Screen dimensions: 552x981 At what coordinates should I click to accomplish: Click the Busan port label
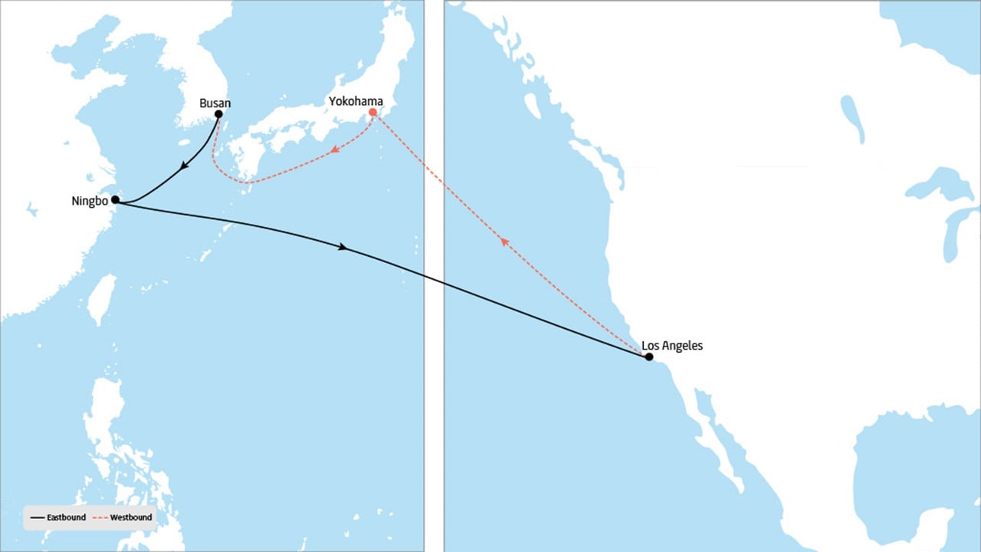(x=215, y=103)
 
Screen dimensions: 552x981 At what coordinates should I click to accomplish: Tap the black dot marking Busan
(x=218, y=114)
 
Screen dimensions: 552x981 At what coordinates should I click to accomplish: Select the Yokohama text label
(x=356, y=101)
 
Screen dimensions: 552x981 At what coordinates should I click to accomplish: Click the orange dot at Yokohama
(x=373, y=113)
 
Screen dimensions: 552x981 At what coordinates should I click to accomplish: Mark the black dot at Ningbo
(x=115, y=199)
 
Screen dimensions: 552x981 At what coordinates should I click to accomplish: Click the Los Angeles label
(x=672, y=346)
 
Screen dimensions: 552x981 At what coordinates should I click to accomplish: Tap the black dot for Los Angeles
(x=649, y=356)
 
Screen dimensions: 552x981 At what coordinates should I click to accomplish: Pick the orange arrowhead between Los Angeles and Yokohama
(x=504, y=242)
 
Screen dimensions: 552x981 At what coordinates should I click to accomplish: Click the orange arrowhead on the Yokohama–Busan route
(x=333, y=152)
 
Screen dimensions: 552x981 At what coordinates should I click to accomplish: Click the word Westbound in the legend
(x=131, y=517)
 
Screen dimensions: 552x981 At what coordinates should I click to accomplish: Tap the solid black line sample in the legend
(x=37, y=517)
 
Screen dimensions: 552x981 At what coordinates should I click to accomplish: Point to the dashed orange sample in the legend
(x=100, y=517)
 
